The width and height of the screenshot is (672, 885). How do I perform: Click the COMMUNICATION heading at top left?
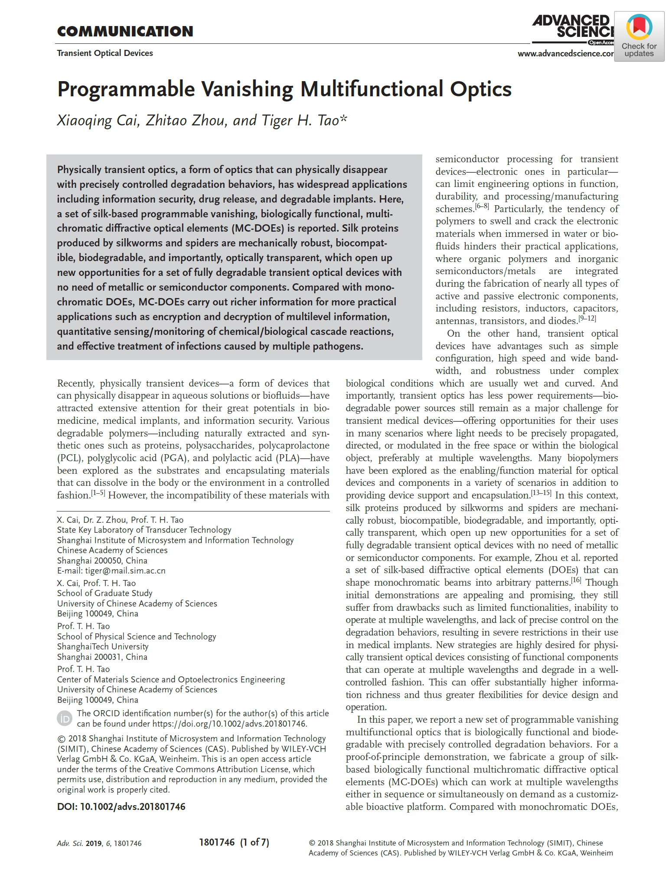coord(125,31)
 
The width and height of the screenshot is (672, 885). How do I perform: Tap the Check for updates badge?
coord(639,36)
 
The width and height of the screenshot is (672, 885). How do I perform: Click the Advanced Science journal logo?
coord(572,28)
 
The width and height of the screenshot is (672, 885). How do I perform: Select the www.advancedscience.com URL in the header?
coord(565,53)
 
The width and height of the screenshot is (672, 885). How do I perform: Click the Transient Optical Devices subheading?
coord(105,53)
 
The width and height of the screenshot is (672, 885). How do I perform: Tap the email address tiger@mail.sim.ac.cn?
coord(125,571)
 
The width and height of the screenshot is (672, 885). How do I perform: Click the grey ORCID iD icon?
coord(65,718)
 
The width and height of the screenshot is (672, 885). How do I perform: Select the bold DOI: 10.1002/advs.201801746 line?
coord(121,806)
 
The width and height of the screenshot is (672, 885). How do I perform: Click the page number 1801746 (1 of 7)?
coord(234,842)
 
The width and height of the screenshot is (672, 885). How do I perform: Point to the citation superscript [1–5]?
coord(98,493)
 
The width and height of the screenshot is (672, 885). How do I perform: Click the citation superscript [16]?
coord(576,580)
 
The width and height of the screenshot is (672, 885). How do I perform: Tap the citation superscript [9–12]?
coord(587,318)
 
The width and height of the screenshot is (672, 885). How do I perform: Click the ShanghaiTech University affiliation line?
coord(103,646)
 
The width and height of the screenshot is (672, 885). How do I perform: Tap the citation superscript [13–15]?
coord(541,493)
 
